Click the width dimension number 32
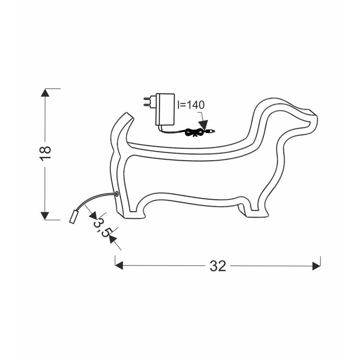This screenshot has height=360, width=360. tap(218, 266)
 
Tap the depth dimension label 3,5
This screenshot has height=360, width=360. tap(102, 228)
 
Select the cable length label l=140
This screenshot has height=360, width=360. tap(190, 105)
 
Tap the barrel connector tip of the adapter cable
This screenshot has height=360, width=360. tap(211, 131)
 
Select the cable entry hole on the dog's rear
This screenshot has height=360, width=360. tap(117, 193)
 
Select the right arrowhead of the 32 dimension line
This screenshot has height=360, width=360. tap(317, 265)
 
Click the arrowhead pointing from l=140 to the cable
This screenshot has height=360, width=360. tap(204, 127)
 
